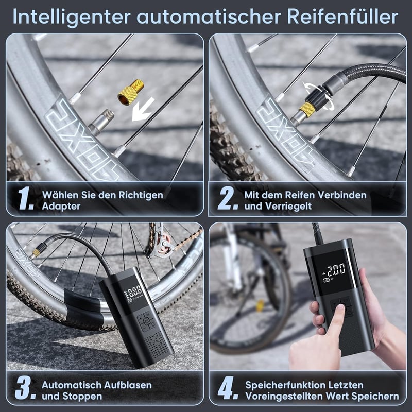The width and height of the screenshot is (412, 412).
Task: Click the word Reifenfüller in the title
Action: [342, 17]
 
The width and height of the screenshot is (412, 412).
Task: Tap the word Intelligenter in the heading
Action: [72, 18]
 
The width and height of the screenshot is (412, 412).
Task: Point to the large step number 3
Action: [25, 388]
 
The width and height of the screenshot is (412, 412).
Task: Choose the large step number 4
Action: [228, 388]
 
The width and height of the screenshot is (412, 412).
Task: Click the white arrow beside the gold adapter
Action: [143, 109]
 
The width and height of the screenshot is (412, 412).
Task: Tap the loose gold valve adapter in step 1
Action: [131, 92]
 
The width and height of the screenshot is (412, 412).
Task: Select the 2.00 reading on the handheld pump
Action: [336, 269]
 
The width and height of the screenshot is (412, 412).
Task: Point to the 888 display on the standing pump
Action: [135, 291]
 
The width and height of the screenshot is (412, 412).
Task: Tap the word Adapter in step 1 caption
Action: [61, 207]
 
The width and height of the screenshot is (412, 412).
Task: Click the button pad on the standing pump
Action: [146, 321]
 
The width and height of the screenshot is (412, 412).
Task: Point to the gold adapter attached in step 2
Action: [307, 109]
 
